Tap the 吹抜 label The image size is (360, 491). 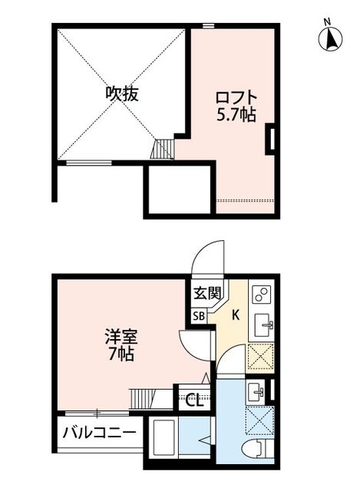pyautogui.click(x=121, y=94)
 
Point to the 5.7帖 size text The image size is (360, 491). pyautogui.click(x=235, y=114)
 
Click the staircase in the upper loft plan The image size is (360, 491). pyautogui.click(x=164, y=149)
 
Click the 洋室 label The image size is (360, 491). pyautogui.click(x=121, y=336)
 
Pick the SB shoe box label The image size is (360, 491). pyautogui.click(x=198, y=315)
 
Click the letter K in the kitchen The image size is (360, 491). pyautogui.click(x=235, y=314)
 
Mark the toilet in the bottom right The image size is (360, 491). pyautogui.click(x=254, y=451)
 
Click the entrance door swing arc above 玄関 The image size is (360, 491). pyautogui.click(x=207, y=259)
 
